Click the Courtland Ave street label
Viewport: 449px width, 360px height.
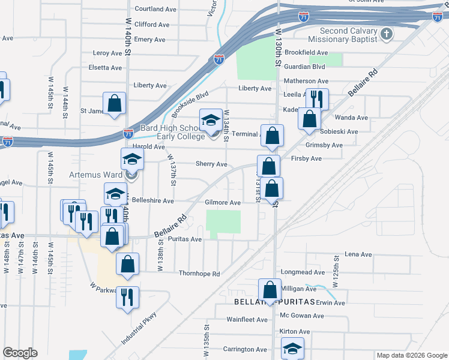(155, 9)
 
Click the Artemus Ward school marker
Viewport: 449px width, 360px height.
(132, 160)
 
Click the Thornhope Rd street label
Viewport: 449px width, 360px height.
(199, 274)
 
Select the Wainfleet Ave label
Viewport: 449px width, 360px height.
(247, 319)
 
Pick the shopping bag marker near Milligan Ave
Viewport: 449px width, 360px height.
(270, 290)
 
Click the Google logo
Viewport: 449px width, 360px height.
(20, 352)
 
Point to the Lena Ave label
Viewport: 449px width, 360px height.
(358, 254)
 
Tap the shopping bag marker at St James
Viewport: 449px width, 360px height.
(114, 104)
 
